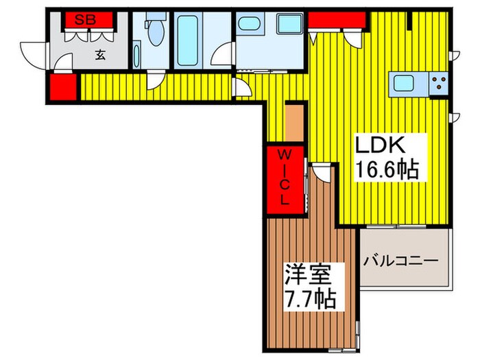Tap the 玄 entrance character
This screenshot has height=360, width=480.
[x=100, y=56]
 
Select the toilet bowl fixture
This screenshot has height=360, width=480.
[x=154, y=30]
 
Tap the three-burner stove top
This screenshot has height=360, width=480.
[x=437, y=84]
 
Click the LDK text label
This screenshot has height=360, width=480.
[x=381, y=145]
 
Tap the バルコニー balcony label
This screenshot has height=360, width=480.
[x=401, y=261]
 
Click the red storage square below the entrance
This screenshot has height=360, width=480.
[x=62, y=87]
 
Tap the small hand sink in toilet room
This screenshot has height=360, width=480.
[x=136, y=55]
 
